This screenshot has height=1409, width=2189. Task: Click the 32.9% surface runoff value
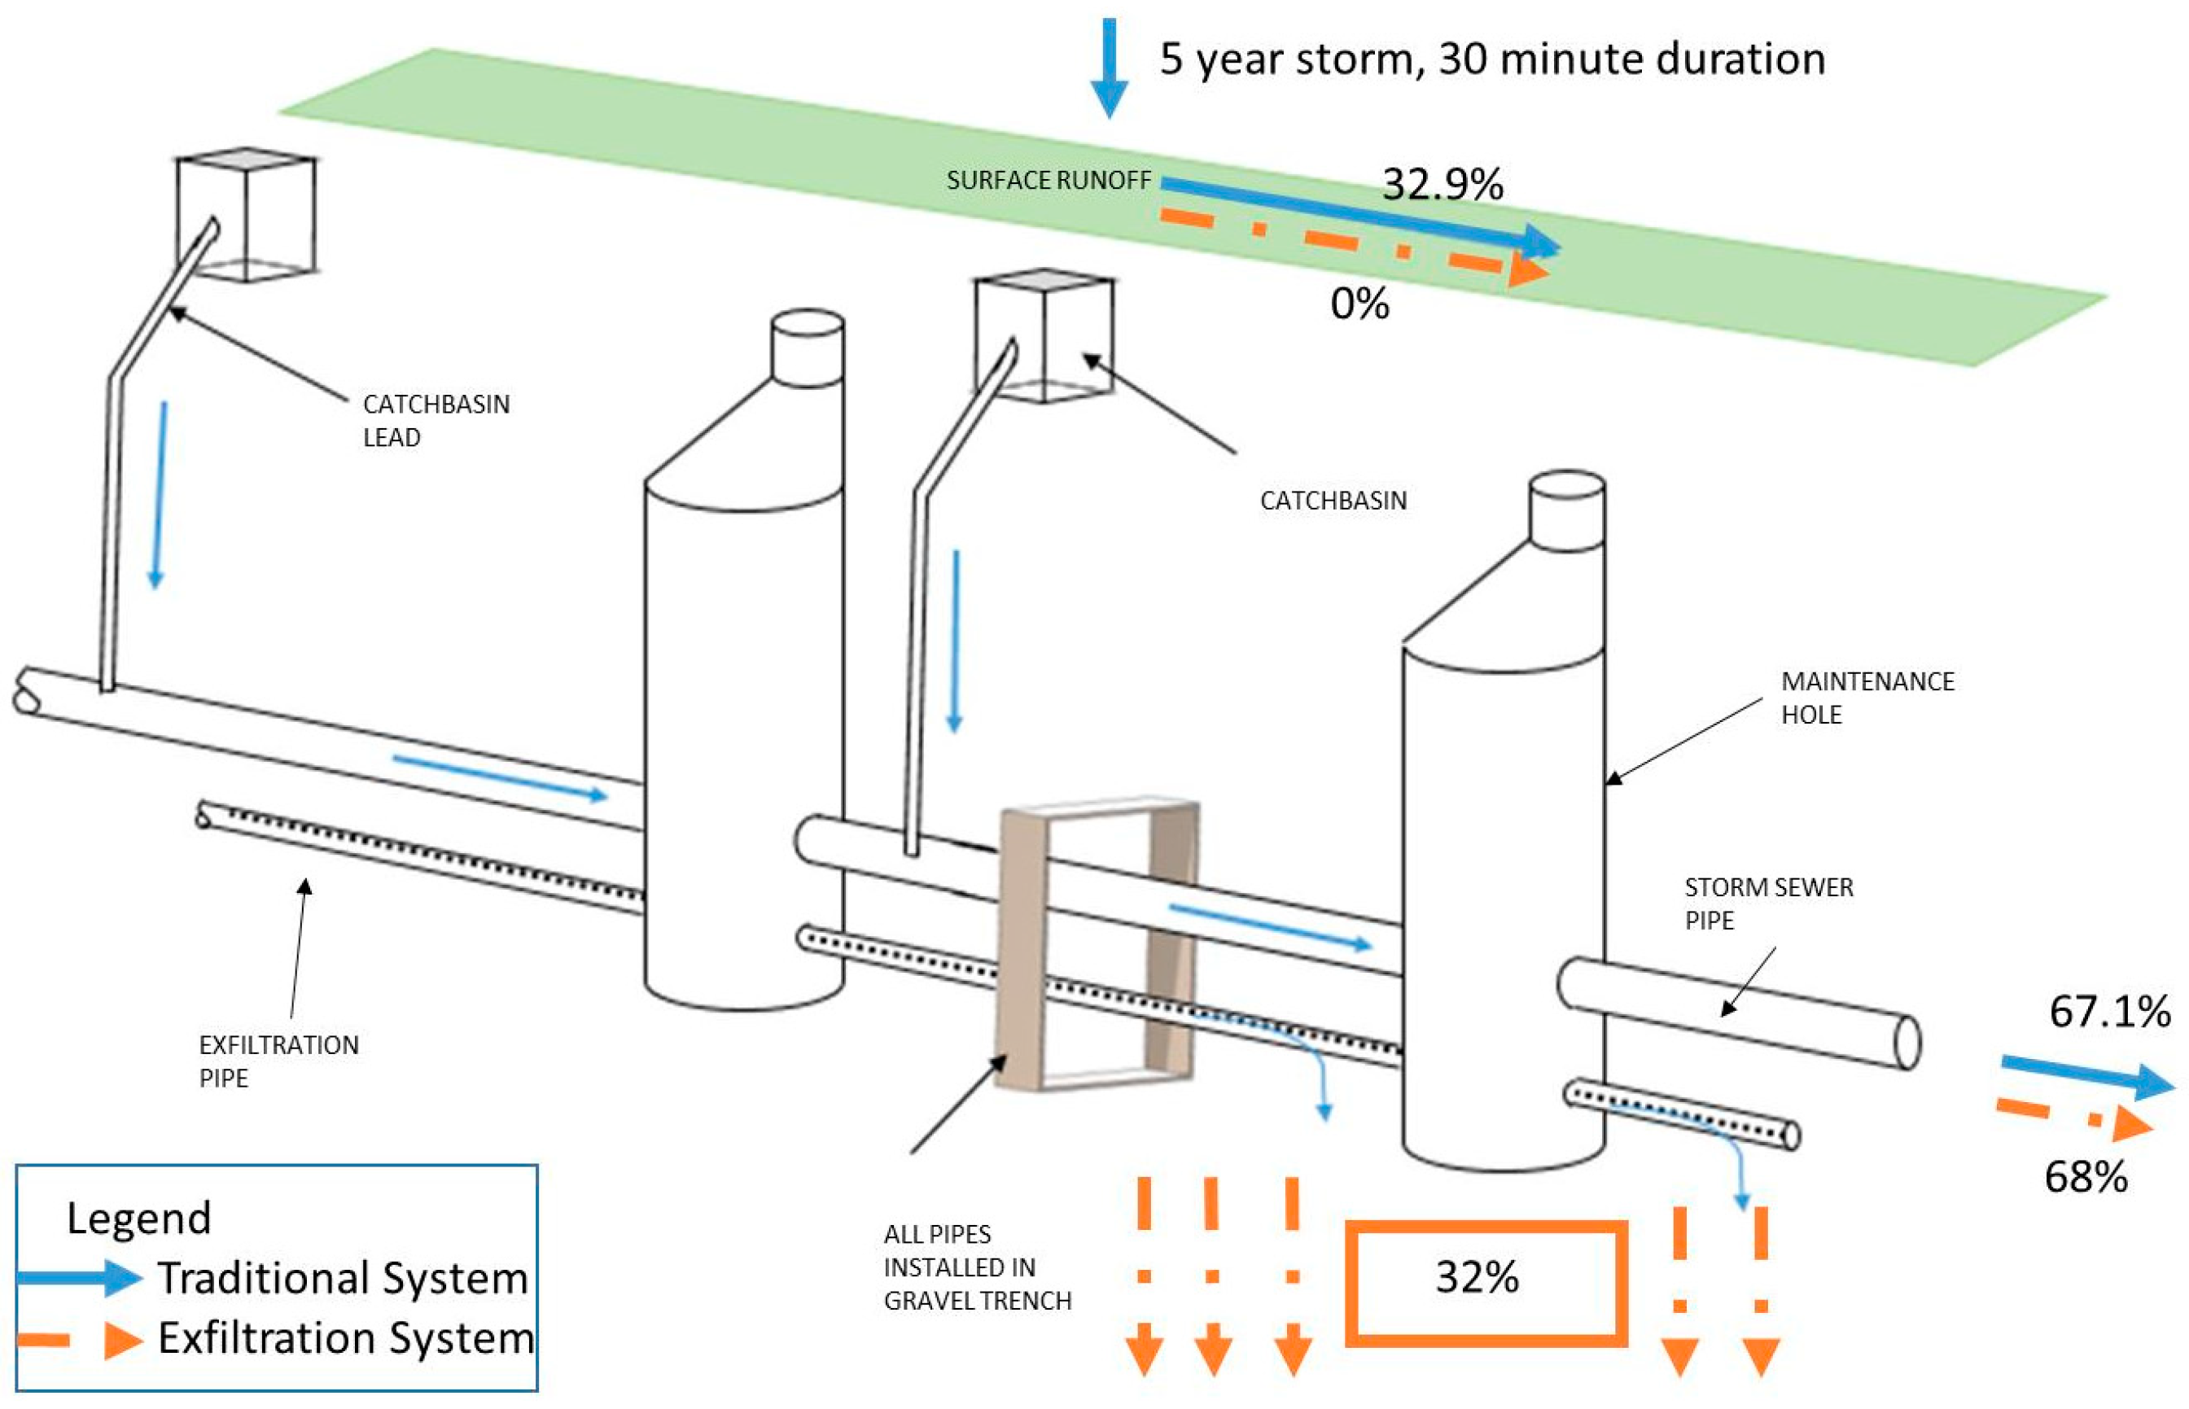point(1442,184)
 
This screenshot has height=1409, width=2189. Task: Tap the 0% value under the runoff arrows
point(1359,303)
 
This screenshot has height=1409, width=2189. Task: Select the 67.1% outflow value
point(2109,1011)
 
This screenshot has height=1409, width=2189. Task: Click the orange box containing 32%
point(1486,1283)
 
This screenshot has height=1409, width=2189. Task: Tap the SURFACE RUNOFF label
point(1049,180)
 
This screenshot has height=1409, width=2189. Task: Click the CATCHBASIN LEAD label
point(436,420)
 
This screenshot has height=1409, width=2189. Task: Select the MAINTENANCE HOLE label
point(1866,698)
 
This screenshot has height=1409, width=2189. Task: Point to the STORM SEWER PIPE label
point(1768,903)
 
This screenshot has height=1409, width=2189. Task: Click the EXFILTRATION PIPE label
point(278,1061)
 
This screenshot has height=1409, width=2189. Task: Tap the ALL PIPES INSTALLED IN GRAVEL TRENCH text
point(976,1267)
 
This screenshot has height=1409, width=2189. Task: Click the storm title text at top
point(1492,59)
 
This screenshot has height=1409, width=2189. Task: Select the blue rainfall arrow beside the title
point(1109,68)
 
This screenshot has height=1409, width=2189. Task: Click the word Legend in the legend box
point(139,1218)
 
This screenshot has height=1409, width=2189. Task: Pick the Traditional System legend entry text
point(343,1278)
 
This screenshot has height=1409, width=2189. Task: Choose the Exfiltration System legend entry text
point(346,1337)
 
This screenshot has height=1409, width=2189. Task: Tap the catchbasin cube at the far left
point(245,215)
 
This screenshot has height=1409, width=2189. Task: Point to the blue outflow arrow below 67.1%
point(2086,1077)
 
